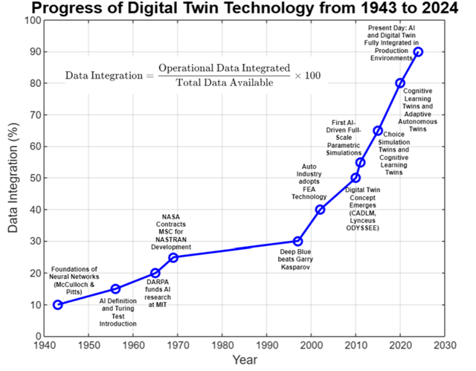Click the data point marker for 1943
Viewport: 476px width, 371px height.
coord(58,305)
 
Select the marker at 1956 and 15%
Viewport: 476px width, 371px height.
coord(115,288)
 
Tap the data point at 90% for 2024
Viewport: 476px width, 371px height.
coord(419,52)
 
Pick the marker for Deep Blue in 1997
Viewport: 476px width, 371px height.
coord(297,241)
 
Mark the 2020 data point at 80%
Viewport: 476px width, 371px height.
coord(400,83)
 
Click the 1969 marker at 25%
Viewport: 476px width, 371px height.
coord(173,257)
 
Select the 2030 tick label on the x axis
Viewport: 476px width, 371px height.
coord(445,346)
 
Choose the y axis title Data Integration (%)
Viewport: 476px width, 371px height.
coord(13,178)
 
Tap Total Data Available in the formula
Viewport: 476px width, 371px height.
coord(223,82)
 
